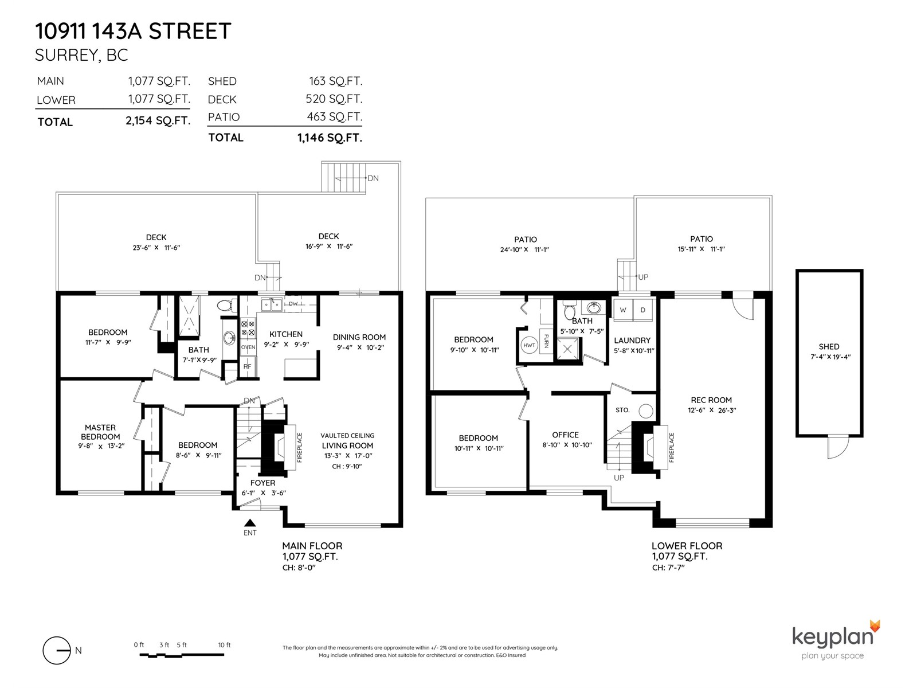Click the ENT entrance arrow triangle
pyautogui.click(x=250, y=522)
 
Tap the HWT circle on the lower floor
pyautogui.click(x=529, y=345)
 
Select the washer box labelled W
pyautogui.click(x=623, y=310)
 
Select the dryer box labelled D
pyautogui.click(x=642, y=310)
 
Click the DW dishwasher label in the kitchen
pyautogui.click(x=293, y=304)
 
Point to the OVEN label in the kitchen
pyautogui.click(x=248, y=347)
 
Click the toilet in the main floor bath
pyautogui.click(x=226, y=306)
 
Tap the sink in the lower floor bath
pyautogui.click(x=594, y=308)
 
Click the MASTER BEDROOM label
pyautogui.click(x=100, y=432)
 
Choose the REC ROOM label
pyautogui.click(x=711, y=400)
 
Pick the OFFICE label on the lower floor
pyautogui.click(x=565, y=435)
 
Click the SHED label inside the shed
pyautogui.click(x=829, y=346)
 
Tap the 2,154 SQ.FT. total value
pyautogui.click(x=158, y=121)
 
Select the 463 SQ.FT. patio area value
pyautogui.click(x=334, y=116)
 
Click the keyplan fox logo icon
pyautogui.click(x=875, y=627)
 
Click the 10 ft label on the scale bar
pyautogui.click(x=224, y=644)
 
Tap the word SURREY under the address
pyautogui.click(x=67, y=55)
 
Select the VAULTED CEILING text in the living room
pyautogui.click(x=347, y=435)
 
